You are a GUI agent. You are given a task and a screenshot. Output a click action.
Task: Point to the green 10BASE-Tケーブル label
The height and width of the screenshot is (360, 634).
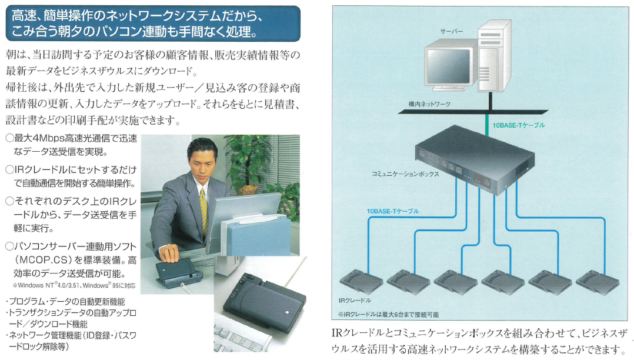[x=518, y=125]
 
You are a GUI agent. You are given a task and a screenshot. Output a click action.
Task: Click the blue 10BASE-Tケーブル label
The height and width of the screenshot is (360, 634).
[x=392, y=211]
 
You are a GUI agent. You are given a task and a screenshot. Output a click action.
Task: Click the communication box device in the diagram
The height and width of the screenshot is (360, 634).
[x=473, y=162]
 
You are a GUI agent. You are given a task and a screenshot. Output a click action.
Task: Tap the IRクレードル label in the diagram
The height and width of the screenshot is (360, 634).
[x=352, y=300]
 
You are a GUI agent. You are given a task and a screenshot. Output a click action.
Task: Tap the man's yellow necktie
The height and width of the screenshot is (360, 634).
[x=203, y=203]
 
